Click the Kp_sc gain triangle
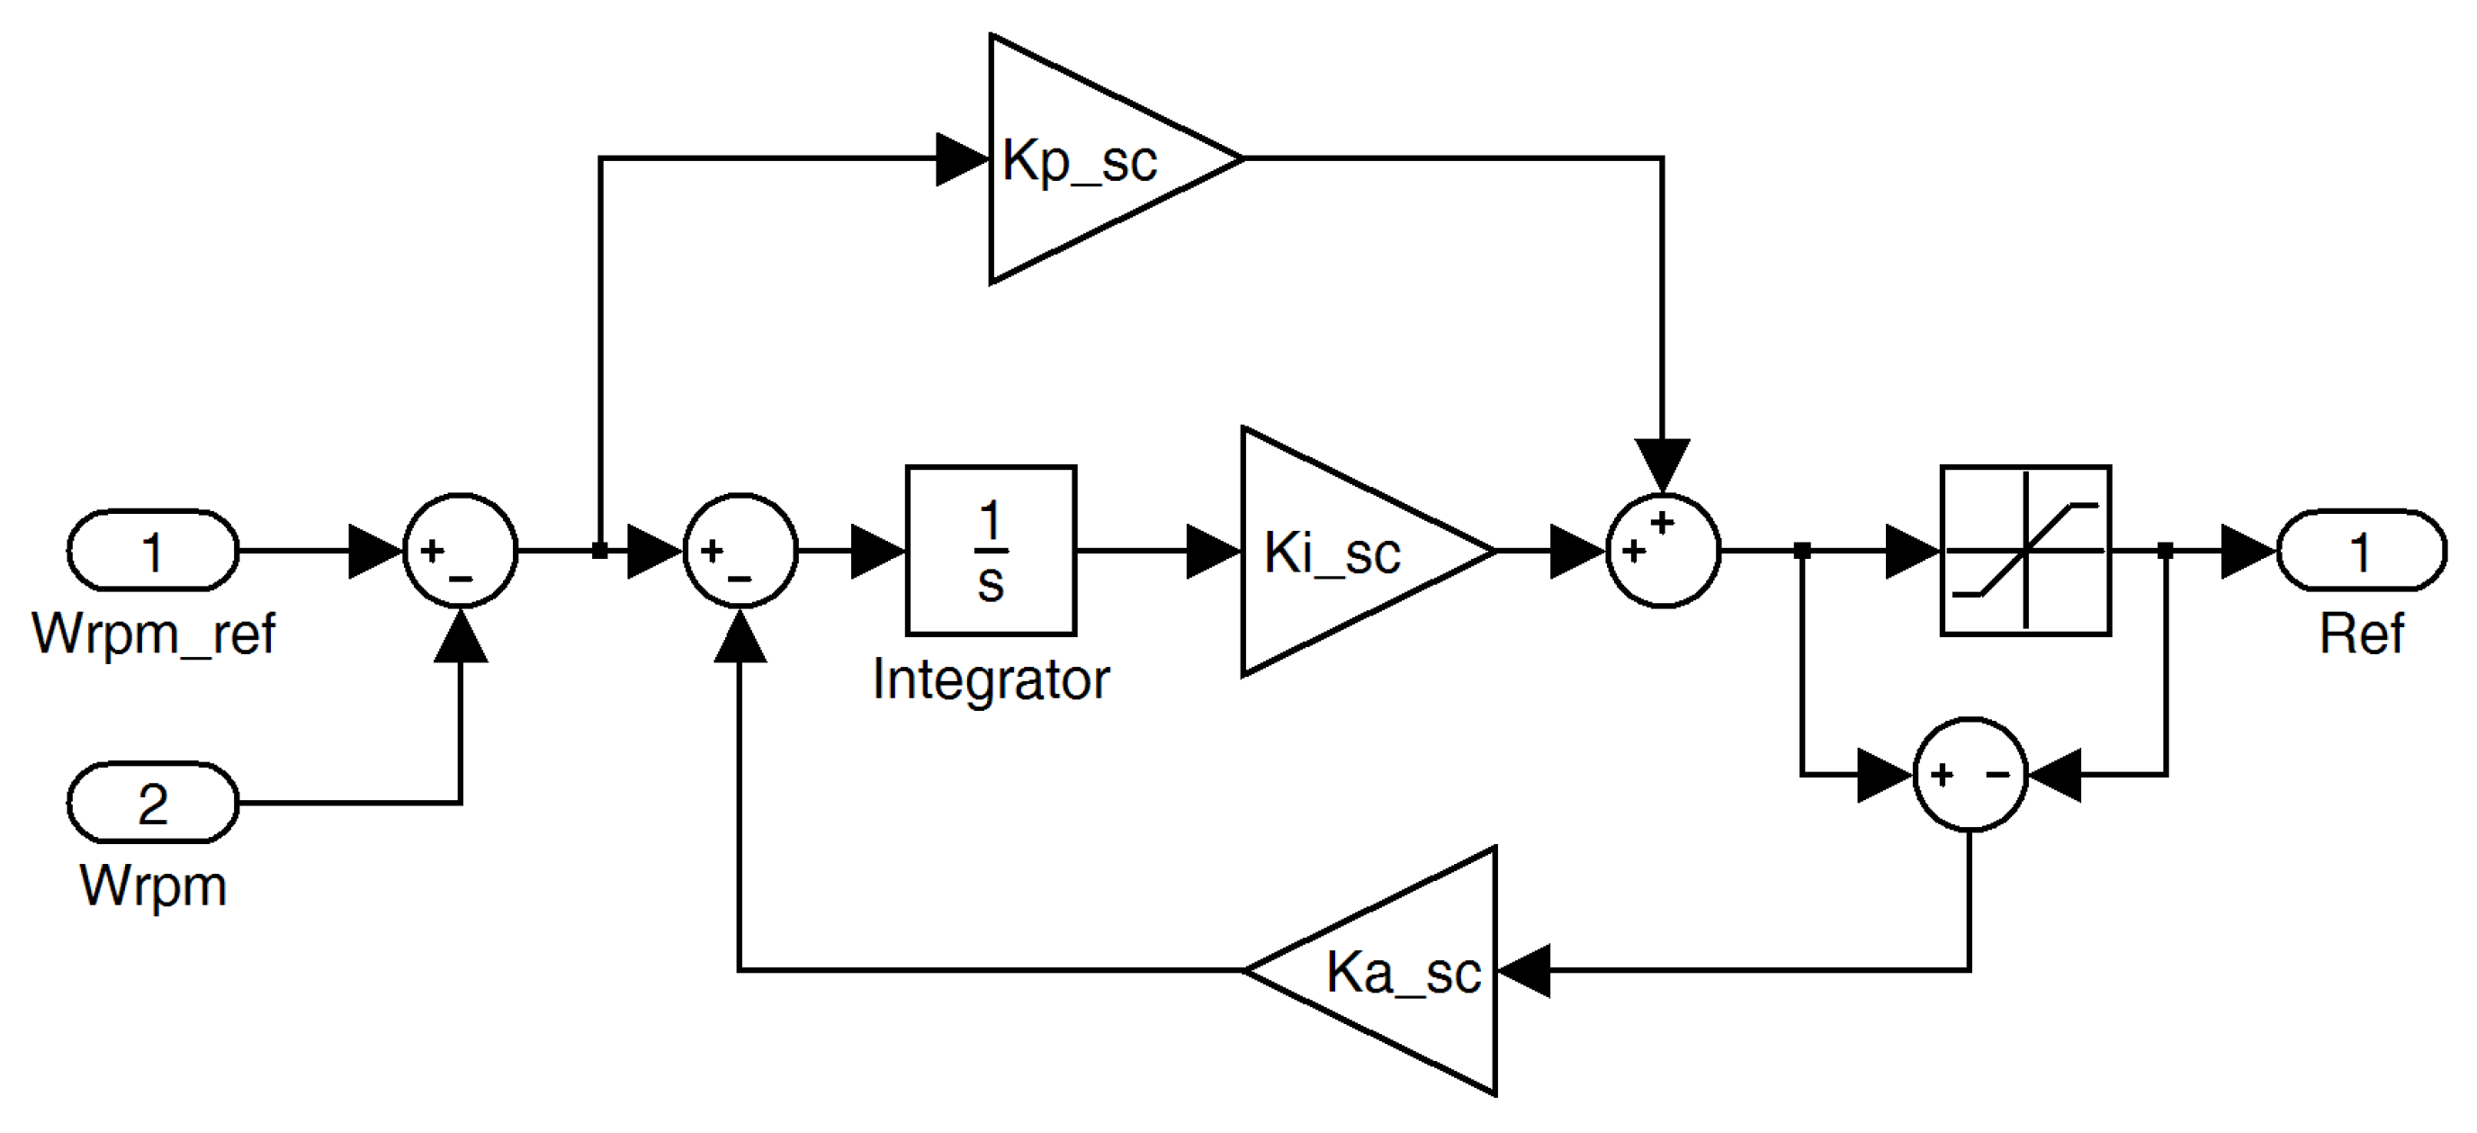tap(1087, 159)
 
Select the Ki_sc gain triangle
tap(1346, 552)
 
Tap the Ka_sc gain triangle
tap(1395, 971)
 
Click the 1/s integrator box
tap(991, 551)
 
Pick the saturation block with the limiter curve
tap(2025, 551)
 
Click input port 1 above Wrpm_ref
tap(152, 551)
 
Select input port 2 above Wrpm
tap(152, 803)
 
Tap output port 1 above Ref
tap(2361, 551)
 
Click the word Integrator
tap(991, 680)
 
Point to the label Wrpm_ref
tap(154, 634)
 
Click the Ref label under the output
tap(2361, 634)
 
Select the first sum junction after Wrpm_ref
tap(461, 551)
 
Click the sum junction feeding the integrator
tap(740, 551)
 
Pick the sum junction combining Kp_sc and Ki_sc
tap(1663, 551)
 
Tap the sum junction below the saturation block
tap(1970, 774)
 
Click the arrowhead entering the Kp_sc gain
tap(962, 159)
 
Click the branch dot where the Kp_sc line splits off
tap(600, 551)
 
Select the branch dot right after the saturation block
tap(2166, 551)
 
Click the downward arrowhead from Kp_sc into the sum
tap(1663, 463)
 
